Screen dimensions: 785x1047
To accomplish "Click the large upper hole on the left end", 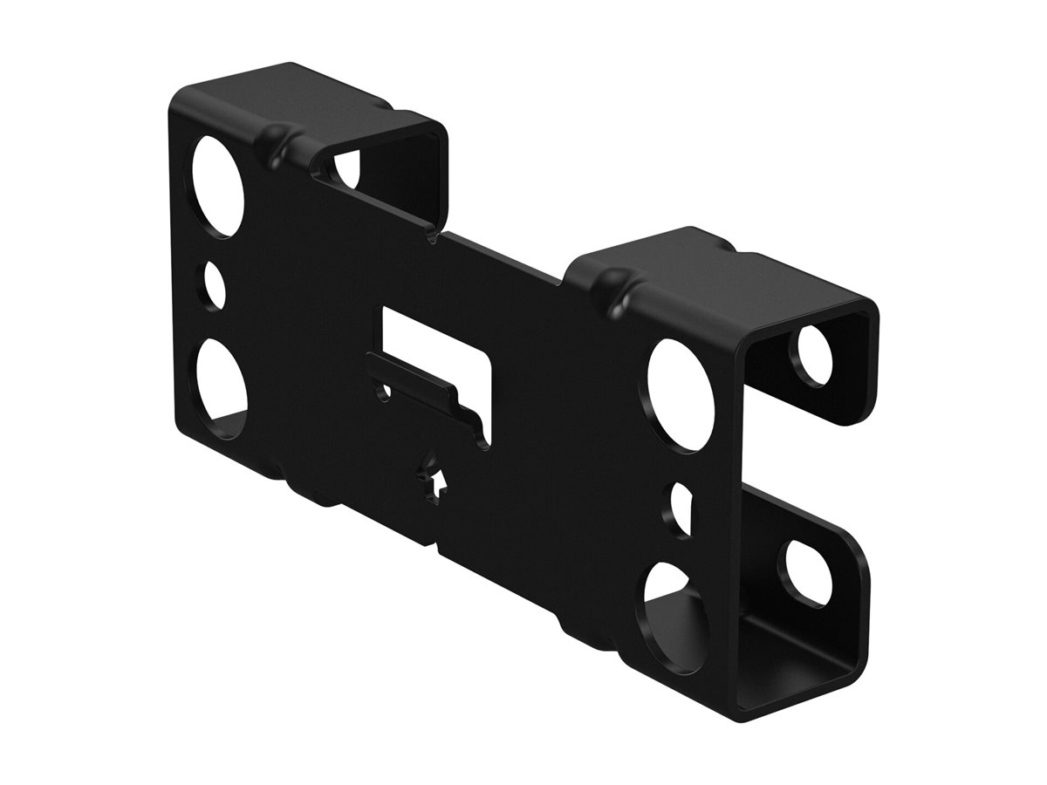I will (218, 186).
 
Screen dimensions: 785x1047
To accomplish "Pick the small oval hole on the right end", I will (682, 508).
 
